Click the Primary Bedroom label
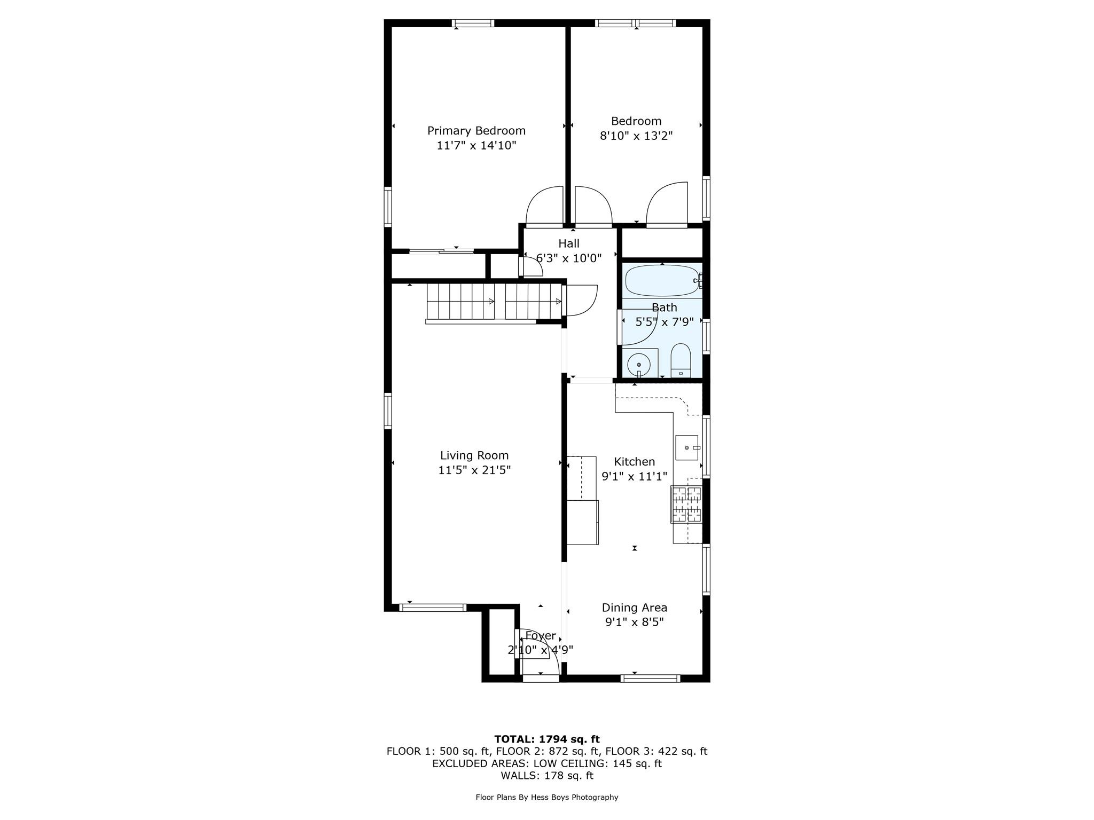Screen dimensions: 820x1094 click(x=476, y=131)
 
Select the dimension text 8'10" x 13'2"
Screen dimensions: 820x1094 click(x=636, y=136)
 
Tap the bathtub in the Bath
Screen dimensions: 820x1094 click(x=662, y=281)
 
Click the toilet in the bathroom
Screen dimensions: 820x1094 click(x=681, y=360)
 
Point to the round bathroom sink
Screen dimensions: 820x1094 click(x=638, y=365)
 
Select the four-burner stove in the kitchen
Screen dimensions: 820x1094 click(x=686, y=504)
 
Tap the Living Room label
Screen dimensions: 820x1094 click(x=474, y=455)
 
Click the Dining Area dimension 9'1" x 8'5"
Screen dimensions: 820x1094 click(x=634, y=622)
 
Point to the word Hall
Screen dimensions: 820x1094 click(x=569, y=243)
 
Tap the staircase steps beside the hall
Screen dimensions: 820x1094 click(x=494, y=302)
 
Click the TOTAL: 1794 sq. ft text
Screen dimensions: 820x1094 click(x=547, y=739)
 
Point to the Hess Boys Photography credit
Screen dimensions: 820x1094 click(x=547, y=798)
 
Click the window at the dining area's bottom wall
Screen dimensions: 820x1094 click(x=650, y=679)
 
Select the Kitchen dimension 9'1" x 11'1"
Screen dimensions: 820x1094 click(x=634, y=476)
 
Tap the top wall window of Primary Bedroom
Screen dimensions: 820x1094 click(x=473, y=23)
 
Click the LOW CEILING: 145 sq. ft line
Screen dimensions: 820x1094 click(x=547, y=763)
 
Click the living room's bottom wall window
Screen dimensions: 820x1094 click(x=433, y=608)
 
